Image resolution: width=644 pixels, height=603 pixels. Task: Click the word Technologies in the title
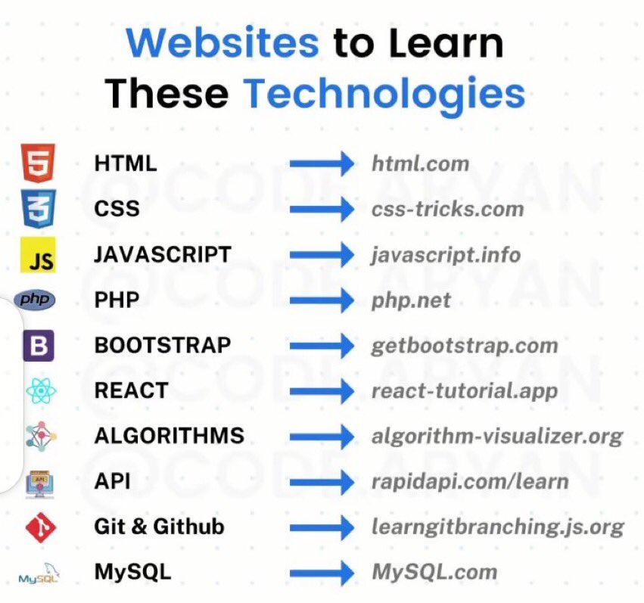point(384,94)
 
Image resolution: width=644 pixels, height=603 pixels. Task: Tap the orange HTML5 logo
point(39,163)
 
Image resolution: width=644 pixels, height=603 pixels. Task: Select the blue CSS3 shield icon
point(39,209)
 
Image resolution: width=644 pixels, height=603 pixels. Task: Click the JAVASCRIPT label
point(163,254)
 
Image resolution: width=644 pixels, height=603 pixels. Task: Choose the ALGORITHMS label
point(169,436)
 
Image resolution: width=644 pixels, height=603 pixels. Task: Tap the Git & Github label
point(159,527)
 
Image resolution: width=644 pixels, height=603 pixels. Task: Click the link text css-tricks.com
point(447,209)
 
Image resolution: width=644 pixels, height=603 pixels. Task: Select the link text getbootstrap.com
point(464,346)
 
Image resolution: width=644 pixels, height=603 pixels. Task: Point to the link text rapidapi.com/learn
point(469,481)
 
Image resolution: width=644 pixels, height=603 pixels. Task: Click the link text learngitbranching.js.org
point(497,527)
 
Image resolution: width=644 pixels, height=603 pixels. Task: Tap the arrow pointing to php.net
point(322,300)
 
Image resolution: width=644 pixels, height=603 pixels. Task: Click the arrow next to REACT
point(322,391)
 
